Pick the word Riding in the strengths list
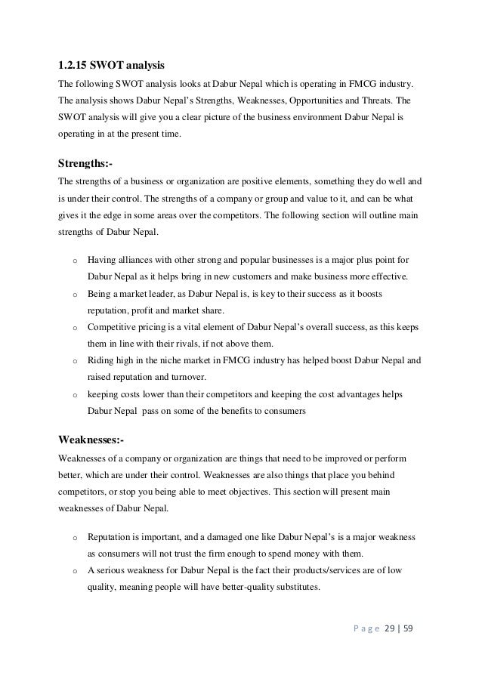(x=101, y=361)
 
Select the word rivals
(x=192, y=344)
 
